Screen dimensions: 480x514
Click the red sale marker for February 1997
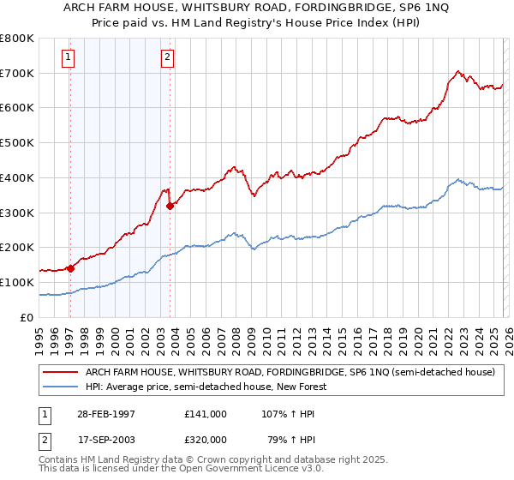(70, 268)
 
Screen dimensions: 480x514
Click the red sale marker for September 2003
(170, 206)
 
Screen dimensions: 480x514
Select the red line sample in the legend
(59, 373)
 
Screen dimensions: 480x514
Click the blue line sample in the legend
(59, 387)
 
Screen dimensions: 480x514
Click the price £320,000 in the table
(205, 440)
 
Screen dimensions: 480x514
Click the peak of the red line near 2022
(458, 71)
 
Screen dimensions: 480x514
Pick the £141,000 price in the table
(205, 413)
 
